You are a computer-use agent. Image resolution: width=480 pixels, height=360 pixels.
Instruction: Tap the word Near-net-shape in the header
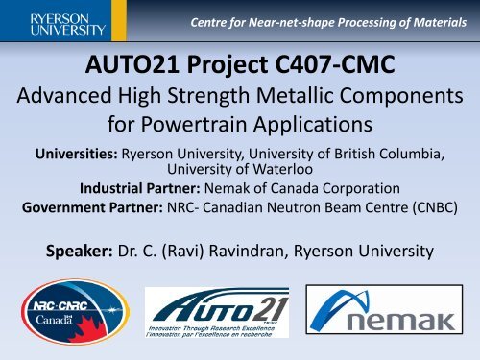[271, 16]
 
